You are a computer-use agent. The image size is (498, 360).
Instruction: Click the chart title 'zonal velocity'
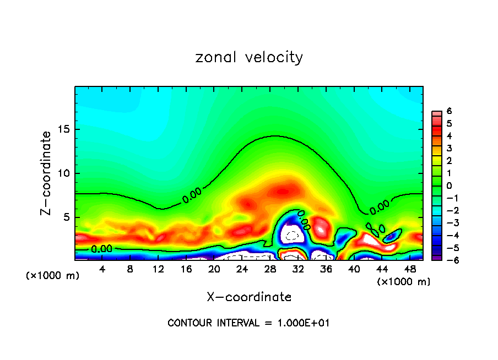pos(249,57)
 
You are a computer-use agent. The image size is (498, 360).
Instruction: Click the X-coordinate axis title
pos(249,297)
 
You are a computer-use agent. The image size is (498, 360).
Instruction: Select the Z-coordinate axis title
pos(46,173)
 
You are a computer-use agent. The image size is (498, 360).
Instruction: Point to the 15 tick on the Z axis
pos(66,129)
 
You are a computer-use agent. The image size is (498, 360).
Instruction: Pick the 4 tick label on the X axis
pos(102,269)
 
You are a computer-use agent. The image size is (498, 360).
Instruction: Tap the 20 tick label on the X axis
pos(214,269)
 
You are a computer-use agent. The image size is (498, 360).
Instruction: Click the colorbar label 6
pos(449,111)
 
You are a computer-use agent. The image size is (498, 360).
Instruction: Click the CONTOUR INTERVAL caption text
pos(248,323)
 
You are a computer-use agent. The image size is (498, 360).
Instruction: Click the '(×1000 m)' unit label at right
pos(404,282)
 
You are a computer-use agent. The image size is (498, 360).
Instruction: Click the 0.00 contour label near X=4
pos(102,249)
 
